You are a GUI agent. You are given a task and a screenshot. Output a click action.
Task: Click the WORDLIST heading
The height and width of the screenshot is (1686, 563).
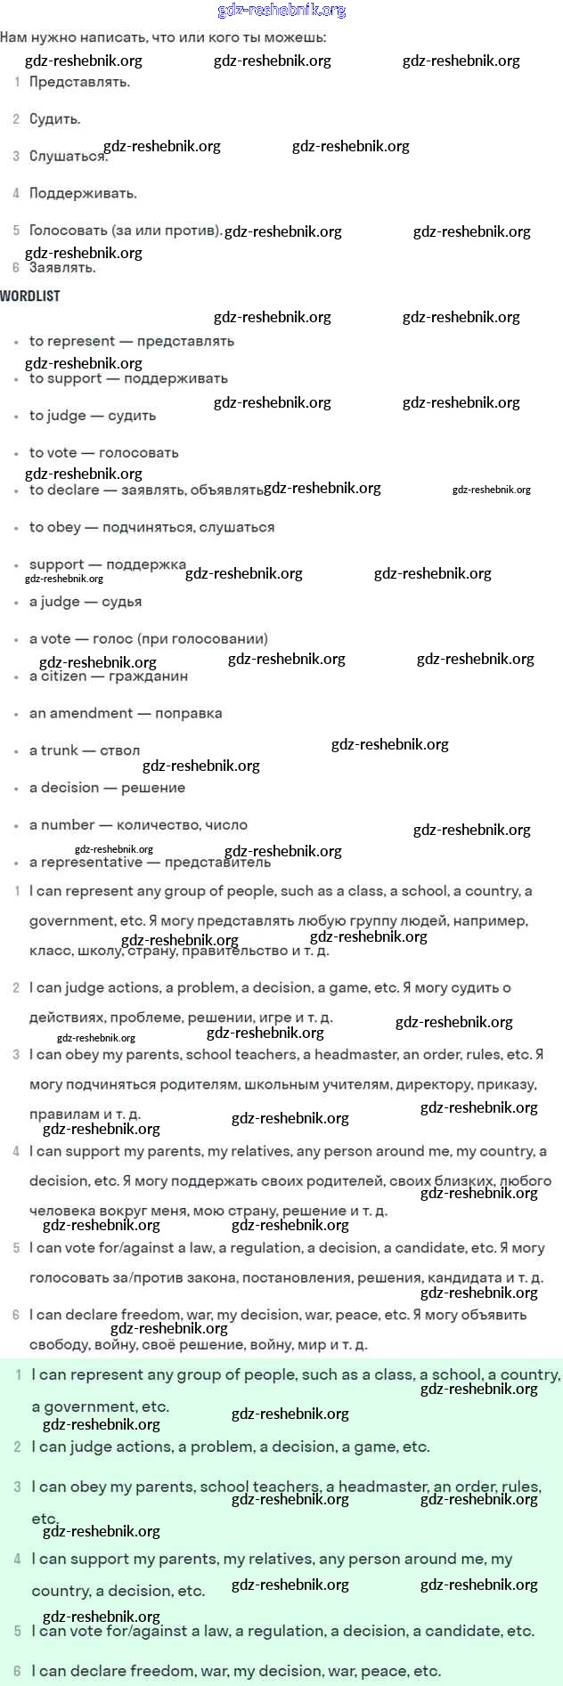[30, 296]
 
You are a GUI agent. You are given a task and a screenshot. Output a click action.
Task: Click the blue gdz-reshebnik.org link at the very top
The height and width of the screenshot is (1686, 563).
[281, 11]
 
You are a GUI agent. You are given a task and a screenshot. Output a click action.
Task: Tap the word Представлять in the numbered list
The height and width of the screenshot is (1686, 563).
[79, 82]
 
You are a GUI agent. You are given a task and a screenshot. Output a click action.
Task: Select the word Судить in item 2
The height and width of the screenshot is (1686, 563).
[54, 119]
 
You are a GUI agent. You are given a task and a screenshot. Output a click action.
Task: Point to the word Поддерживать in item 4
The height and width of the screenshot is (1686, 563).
[83, 193]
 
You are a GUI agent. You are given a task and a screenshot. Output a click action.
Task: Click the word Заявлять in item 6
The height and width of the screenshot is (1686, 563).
[62, 267]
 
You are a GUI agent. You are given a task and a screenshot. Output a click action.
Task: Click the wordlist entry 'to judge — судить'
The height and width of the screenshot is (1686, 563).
[93, 416]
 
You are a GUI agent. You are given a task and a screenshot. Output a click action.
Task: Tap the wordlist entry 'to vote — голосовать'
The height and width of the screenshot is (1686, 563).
[103, 453]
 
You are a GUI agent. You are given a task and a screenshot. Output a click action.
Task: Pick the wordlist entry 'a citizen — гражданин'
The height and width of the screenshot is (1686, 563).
[108, 676]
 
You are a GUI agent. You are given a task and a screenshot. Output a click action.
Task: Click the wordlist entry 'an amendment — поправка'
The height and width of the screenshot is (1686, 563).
[126, 713]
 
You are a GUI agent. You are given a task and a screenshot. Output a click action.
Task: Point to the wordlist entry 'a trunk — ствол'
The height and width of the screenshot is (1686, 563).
[85, 750]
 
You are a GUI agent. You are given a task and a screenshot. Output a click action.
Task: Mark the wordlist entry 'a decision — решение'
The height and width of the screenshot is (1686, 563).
[107, 788]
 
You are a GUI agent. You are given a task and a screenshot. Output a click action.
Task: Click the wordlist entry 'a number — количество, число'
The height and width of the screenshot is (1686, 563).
[138, 825]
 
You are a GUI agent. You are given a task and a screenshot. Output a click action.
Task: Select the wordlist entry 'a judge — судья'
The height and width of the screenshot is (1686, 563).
[86, 602]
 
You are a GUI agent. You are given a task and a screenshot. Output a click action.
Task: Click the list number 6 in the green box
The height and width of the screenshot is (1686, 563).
[17, 1671]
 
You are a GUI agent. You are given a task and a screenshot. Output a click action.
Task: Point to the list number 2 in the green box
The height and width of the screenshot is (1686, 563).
[17, 1447]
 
